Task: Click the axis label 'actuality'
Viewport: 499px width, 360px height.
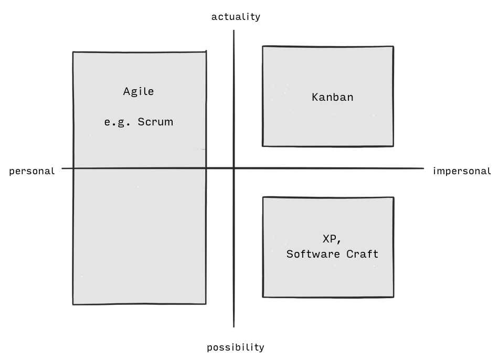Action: pos(236,17)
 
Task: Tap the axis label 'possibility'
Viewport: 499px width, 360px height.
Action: pos(236,347)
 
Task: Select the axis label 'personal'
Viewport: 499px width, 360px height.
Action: pos(32,171)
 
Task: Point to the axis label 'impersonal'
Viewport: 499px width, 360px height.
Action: pos(462,171)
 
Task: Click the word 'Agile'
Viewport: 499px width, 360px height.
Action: pos(139,92)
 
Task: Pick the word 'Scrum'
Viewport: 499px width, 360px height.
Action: pos(155,122)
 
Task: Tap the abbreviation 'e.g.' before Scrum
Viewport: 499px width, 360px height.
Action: pos(117,123)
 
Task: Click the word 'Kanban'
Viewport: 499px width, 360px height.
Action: pos(333,97)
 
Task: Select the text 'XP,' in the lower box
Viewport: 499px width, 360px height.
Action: pos(332,239)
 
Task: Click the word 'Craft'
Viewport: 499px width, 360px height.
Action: pos(363,254)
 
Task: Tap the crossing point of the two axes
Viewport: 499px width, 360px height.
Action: pos(234,168)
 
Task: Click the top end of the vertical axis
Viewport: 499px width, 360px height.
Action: pos(234,30)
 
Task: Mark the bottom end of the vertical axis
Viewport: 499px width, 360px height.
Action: pos(234,327)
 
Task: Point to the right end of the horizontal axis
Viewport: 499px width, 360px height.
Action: pos(423,168)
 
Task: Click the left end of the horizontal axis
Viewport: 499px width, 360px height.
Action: pos(62,168)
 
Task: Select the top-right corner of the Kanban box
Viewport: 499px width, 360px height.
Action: pos(394,47)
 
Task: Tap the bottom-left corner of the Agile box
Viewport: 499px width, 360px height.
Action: pos(73,304)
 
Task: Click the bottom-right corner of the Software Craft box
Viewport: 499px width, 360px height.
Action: pos(394,297)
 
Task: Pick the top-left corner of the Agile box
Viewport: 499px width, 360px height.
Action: pos(73,52)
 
